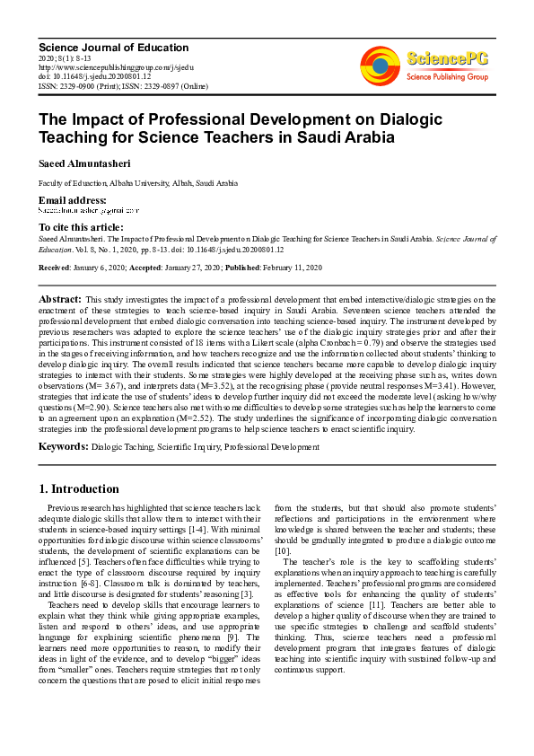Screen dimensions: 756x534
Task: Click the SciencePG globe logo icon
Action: pyautogui.click(x=380, y=64)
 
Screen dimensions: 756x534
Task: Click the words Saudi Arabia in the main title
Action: pyautogui.click(x=345, y=136)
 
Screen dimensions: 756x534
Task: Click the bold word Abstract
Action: pyautogui.click(x=60, y=298)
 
